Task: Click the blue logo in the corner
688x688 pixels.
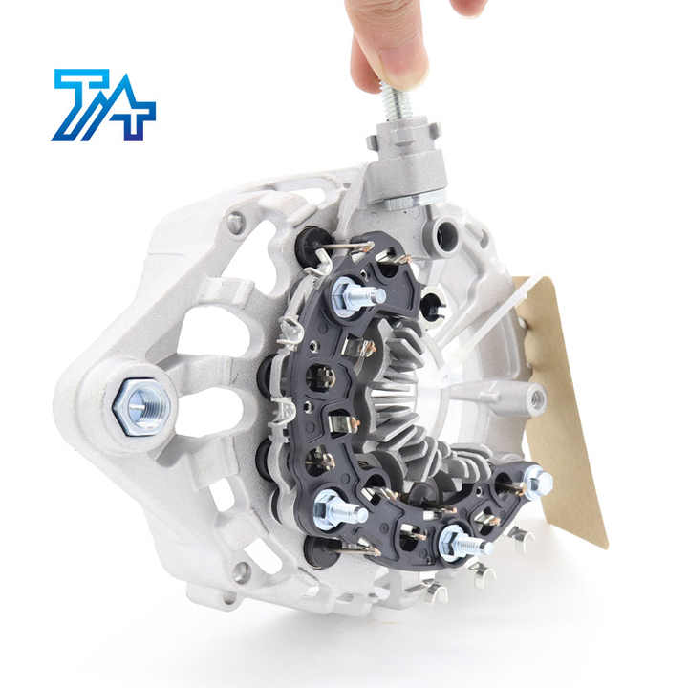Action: [x=103, y=105]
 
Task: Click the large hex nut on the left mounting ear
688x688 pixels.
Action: [x=141, y=407]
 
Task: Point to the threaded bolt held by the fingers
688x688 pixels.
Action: [x=398, y=102]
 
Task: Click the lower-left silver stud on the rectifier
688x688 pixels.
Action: [x=340, y=510]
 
